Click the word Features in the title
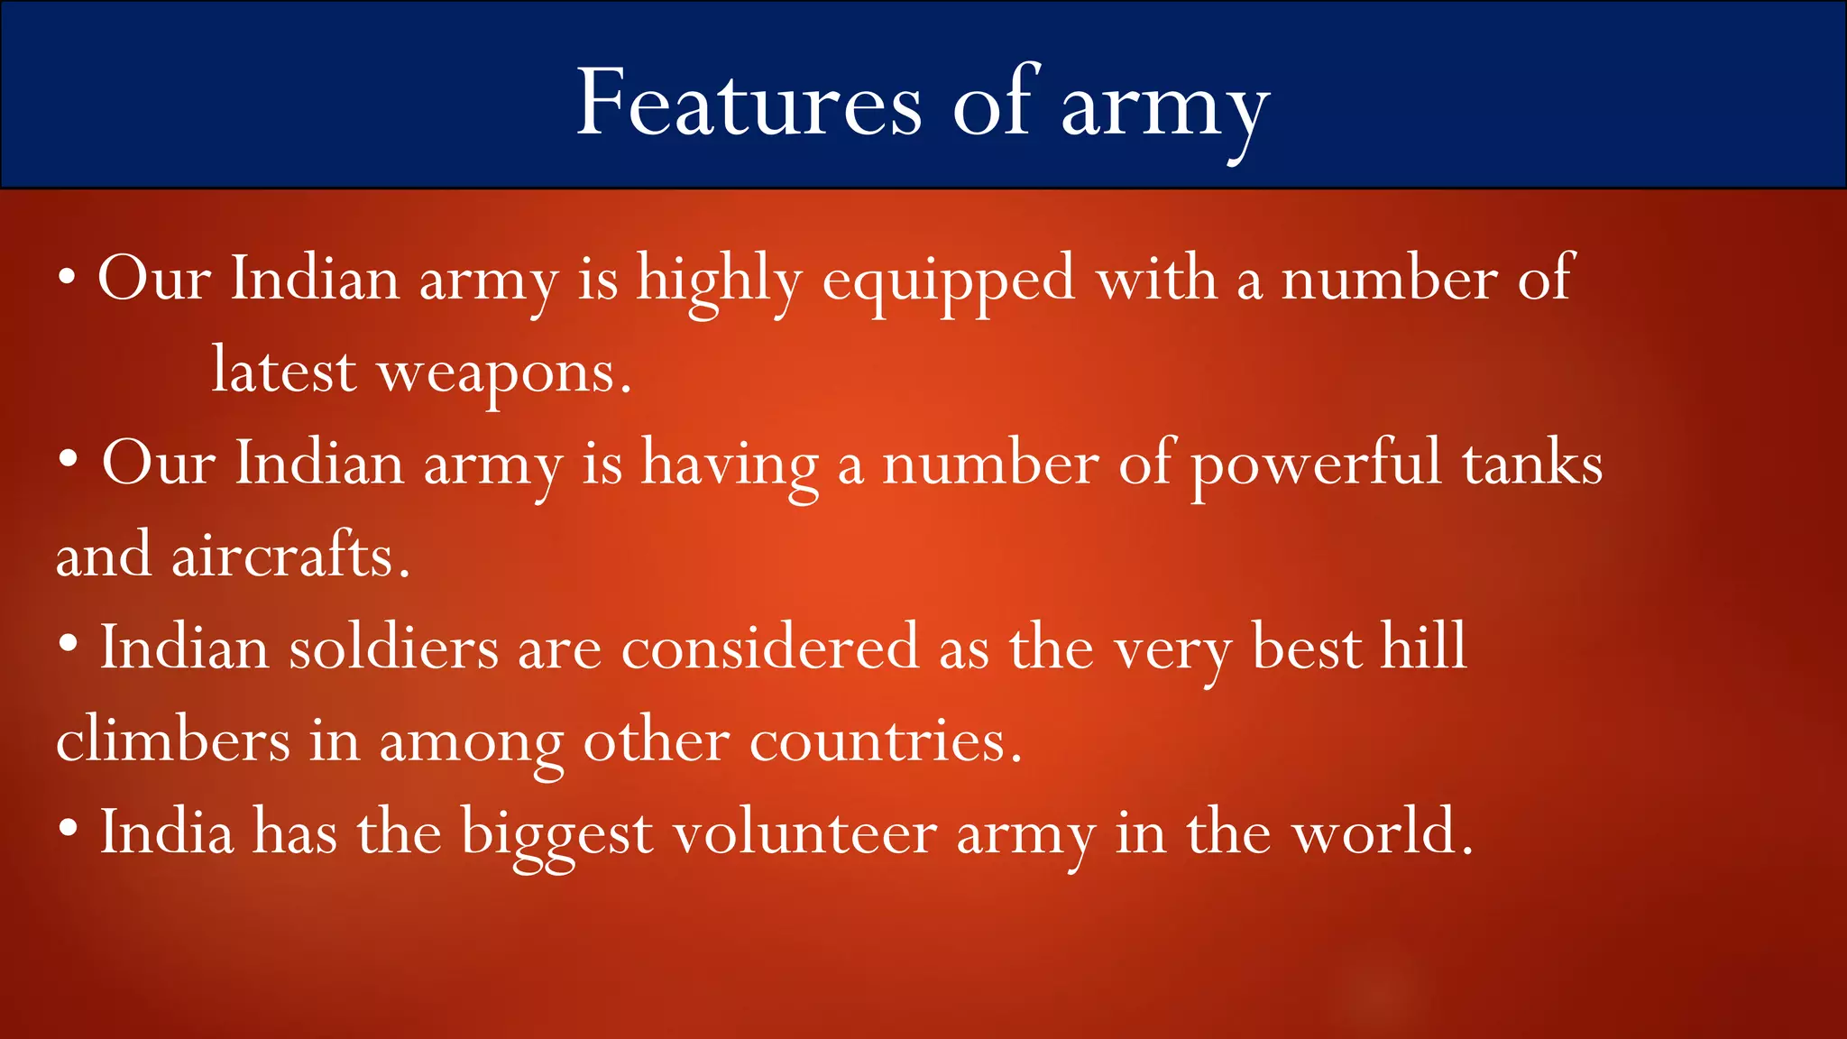tap(749, 103)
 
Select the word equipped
tap(949, 281)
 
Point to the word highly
tap(719, 281)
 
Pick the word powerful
tap(1316, 465)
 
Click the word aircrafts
tap(290, 556)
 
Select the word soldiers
tap(393, 648)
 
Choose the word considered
tap(769, 648)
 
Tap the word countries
tap(885, 741)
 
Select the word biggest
tap(556, 835)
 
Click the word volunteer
tap(804, 833)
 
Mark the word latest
tap(284, 372)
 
